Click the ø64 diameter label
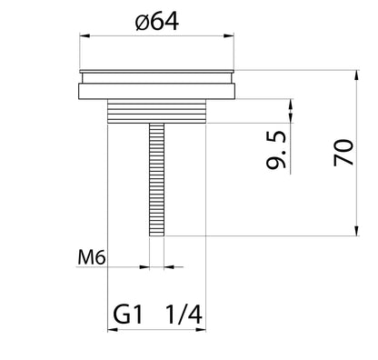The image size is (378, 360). [157, 22]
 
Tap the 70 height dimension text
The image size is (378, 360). [343, 153]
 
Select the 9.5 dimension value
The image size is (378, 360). [276, 150]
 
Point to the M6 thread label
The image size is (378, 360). [92, 258]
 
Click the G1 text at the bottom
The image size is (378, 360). [127, 315]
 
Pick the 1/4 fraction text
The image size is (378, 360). [184, 315]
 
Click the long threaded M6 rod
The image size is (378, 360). [157, 180]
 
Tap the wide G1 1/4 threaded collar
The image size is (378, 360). [157, 111]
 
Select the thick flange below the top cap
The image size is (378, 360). [157, 91]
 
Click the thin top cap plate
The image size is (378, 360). [157, 72]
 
